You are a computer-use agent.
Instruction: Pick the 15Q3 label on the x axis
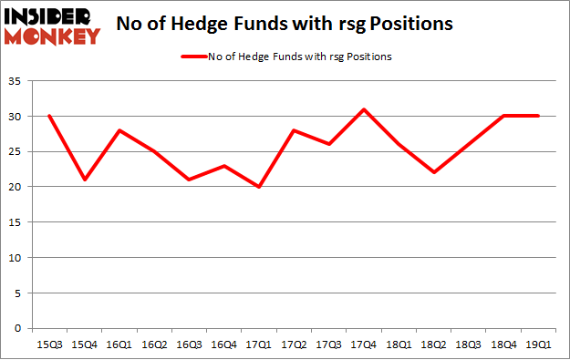[48, 345]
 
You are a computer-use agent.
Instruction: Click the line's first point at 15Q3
[48, 117]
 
